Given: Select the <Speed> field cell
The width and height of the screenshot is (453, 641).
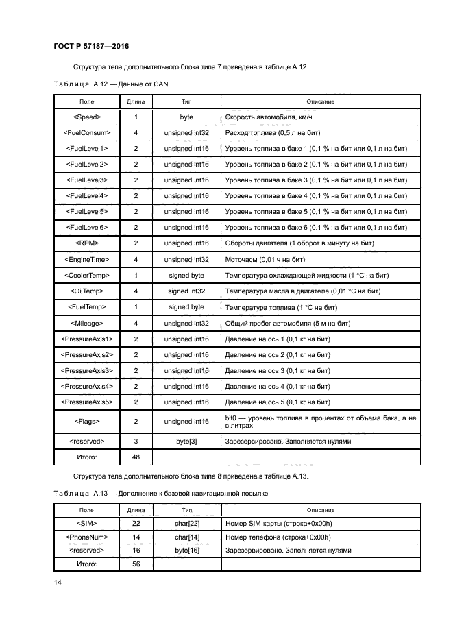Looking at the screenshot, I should point(86,117).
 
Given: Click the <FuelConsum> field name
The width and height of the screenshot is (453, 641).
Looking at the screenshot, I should point(86,133).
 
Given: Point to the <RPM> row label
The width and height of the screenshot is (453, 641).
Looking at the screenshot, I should point(86,243).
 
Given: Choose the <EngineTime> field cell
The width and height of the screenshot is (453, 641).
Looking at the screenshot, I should point(86,260).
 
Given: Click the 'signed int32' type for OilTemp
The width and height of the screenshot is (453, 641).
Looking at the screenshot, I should point(186,291).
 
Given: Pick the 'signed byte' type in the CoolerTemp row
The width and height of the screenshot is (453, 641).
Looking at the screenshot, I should point(186,276).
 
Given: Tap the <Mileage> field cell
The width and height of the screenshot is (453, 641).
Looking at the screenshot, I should point(86,323).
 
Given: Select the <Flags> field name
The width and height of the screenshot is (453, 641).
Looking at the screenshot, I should point(86,422).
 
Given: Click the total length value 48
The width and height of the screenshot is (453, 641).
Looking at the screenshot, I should point(136,457).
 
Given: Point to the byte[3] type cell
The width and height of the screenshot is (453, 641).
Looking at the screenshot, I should point(186,442).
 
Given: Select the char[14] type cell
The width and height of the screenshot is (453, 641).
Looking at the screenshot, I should point(186,537).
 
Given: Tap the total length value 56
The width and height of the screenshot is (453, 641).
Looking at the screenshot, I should point(136,564).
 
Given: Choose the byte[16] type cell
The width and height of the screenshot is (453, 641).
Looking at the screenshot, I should point(186,551).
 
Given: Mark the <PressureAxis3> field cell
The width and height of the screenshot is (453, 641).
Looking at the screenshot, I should point(86,370).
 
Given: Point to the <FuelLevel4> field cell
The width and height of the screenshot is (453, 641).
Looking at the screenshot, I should point(86,196).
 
